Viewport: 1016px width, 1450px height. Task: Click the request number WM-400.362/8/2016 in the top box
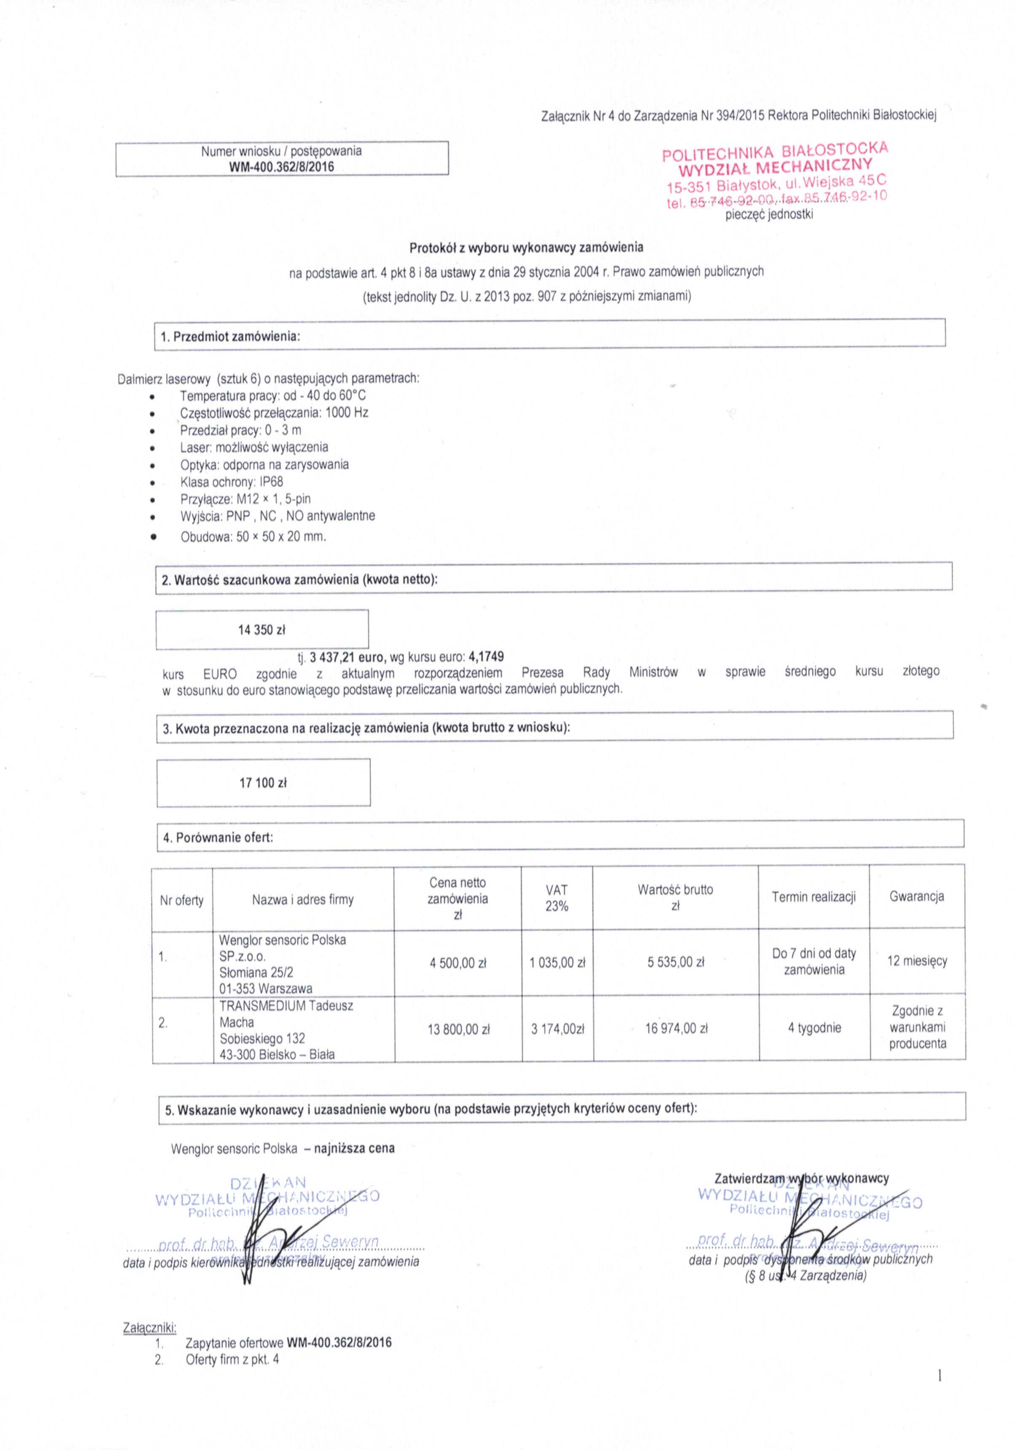(x=282, y=167)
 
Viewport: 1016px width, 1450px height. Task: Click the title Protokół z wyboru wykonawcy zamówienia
(x=526, y=248)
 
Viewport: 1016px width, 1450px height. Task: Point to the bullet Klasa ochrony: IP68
(x=231, y=482)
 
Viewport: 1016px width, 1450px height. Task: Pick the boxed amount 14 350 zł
(x=261, y=629)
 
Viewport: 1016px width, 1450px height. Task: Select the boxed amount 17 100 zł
(x=263, y=783)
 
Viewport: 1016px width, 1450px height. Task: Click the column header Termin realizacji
(x=813, y=897)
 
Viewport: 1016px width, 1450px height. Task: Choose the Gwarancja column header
(x=916, y=896)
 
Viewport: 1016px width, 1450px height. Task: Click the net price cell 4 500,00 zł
(x=458, y=963)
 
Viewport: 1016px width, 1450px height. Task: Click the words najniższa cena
(x=354, y=1148)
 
